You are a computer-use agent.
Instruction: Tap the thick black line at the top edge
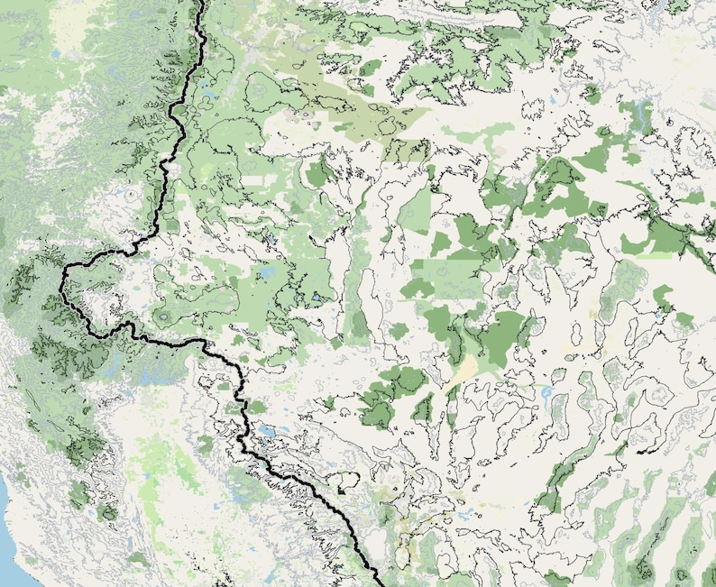pyautogui.click(x=200, y=4)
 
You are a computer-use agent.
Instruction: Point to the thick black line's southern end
pyautogui.click(x=373, y=582)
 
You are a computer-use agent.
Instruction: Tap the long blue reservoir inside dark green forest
pyautogui.click(x=641, y=114)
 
